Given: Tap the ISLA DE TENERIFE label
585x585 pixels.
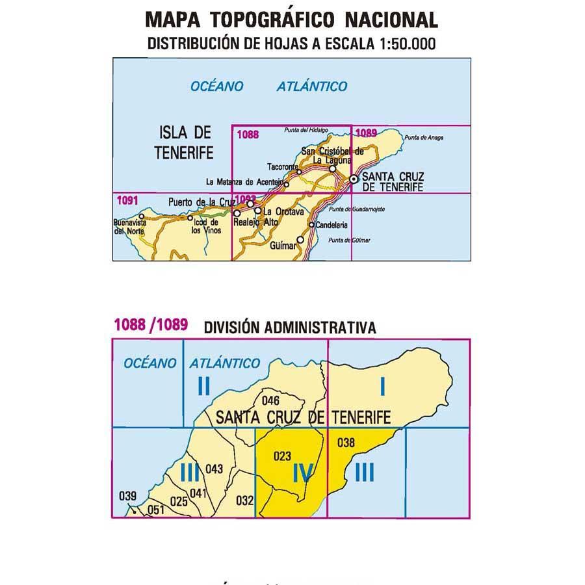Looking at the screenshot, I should tap(185, 143).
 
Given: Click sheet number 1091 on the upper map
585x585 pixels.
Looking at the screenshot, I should tap(125, 200).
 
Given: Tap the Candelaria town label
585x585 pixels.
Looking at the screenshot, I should tap(331, 225).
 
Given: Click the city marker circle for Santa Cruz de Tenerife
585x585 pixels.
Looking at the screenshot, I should tap(353, 179).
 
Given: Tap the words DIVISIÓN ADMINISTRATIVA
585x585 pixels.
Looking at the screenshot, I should tap(289, 328).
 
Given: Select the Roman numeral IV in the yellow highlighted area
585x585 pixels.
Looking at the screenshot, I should tap(303, 475).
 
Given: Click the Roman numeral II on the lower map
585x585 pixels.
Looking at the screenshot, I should tap(203, 387).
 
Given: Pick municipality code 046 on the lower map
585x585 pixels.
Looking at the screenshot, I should tap(270, 400).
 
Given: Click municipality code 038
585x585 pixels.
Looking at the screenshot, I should tap(346, 443).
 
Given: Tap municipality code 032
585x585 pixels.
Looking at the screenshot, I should tap(244, 500).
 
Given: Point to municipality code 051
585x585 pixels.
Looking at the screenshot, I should tap(156, 510).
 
